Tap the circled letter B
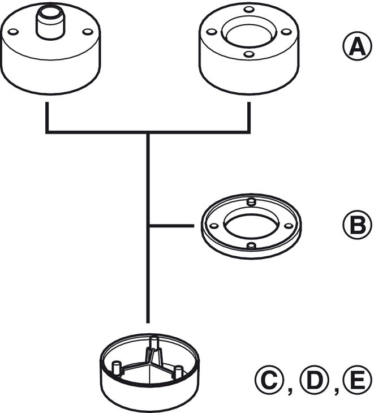tap(356, 225)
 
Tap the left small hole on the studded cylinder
tap(14, 32)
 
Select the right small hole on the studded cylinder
tap(87, 32)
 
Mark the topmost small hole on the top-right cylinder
tap(248, 10)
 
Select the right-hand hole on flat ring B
tap(289, 225)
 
